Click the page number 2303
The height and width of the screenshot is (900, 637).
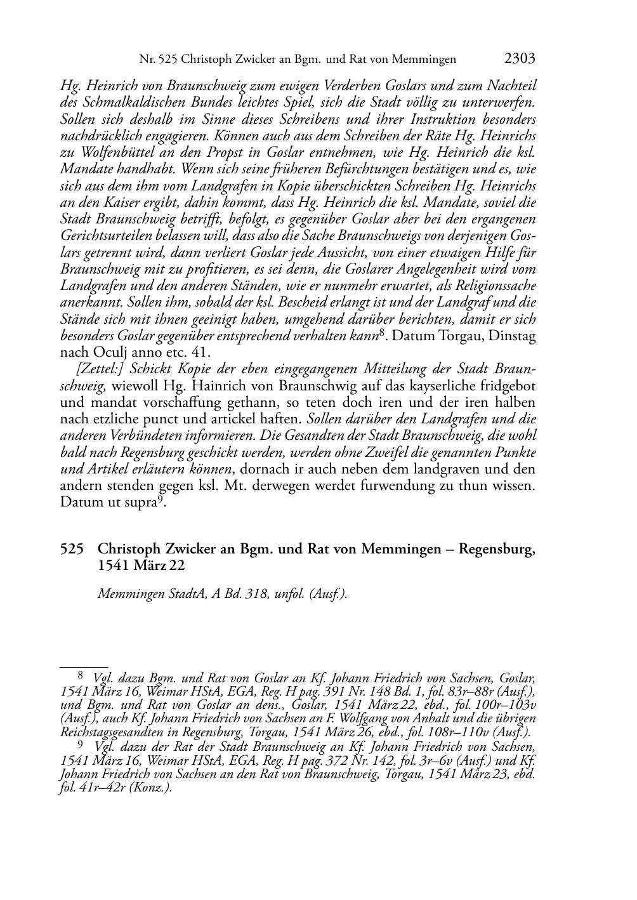[x=520, y=59]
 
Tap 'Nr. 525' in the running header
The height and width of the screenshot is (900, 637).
[x=158, y=60]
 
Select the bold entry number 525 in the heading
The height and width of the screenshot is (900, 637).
[x=72, y=549]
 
